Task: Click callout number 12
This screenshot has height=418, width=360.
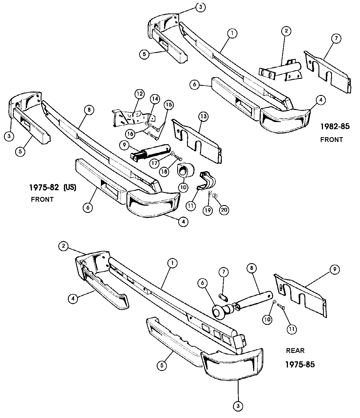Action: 139,93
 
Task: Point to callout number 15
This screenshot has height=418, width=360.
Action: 169,105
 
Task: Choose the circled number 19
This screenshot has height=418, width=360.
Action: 207,210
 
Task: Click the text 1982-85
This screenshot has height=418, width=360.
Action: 335,127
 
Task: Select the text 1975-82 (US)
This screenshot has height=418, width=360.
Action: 53,187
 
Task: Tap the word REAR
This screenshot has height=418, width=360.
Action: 295,350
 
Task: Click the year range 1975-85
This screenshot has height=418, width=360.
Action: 300,364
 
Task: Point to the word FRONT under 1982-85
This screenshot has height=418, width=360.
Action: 331,139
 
